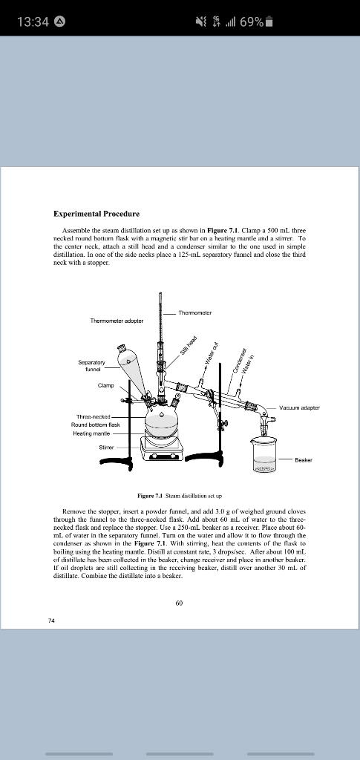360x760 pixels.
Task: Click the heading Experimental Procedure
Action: point(96,214)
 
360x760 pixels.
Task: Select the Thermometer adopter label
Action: point(117,321)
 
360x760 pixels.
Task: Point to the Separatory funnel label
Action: point(91,366)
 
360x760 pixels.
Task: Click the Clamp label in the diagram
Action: point(106,385)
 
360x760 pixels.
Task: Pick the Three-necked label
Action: point(91,416)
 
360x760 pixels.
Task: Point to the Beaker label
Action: point(304,460)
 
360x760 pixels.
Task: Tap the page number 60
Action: point(179,603)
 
